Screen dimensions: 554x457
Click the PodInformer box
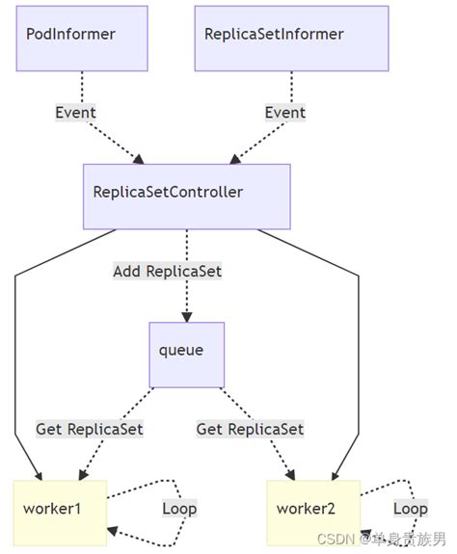[x=81, y=38]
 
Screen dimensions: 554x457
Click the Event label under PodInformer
[x=75, y=113]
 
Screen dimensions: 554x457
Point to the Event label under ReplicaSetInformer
[x=285, y=113]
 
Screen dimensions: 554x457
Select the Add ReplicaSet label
[x=167, y=272]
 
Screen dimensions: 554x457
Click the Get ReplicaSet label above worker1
[x=90, y=429]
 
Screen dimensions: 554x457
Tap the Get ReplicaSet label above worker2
[x=250, y=429]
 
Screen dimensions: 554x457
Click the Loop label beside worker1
[x=179, y=508]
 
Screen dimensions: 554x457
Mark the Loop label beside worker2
[x=410, y=508]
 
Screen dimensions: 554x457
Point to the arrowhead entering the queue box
[x=186, y=316]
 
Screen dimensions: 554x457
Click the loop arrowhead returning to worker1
[x=114, y=531]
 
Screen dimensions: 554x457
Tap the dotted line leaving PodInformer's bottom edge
[x=81, y=87]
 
